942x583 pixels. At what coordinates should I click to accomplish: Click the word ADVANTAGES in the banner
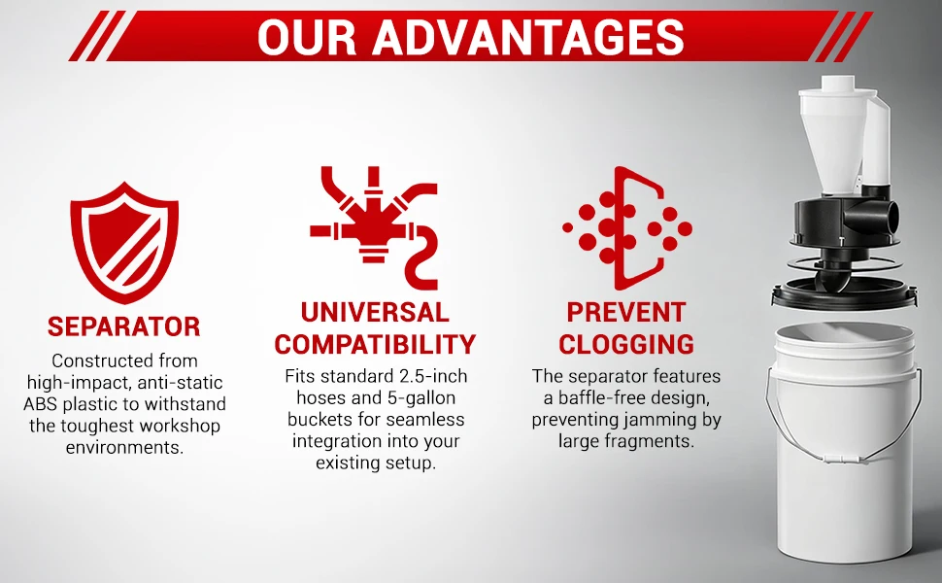pos(528,37)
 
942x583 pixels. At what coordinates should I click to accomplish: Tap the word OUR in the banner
pos(307,37)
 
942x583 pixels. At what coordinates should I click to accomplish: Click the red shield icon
pos(124,242)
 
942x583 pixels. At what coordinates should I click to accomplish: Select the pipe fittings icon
pos(374,227)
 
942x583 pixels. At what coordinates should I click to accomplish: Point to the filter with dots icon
pos(627,228)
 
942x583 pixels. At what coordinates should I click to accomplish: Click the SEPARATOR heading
pos(123,326)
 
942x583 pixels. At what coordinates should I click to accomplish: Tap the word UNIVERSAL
pos(375,313)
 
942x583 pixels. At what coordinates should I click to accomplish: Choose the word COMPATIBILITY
pos(375,344)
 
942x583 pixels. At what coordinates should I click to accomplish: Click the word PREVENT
pos(626,313)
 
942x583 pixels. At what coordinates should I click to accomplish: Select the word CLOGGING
pos(626,344)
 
